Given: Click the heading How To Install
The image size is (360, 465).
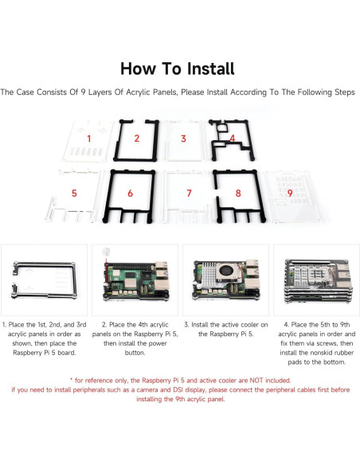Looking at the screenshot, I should pyautogui.click(x=179, y=68).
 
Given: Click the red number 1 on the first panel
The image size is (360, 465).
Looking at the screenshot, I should pyautogui.click(x=89, y=139).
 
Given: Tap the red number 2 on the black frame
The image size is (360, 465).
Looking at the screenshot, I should pyautogui.click(x=136, y=139).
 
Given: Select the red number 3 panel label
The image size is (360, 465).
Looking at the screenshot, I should pyautogui.click(x=183, y=139).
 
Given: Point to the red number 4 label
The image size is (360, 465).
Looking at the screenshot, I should pyautogui.click(x=231, y=139).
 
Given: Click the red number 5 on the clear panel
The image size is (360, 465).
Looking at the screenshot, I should pyautogui.click(x=74, y=193).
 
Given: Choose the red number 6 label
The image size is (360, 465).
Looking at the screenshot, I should pyautogui.click(x=130, y=193).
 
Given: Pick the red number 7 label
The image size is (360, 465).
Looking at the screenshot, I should pyautogui.click(x=189, y=193).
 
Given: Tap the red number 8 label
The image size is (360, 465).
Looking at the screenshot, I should pyautogui.click(x=237, y=193).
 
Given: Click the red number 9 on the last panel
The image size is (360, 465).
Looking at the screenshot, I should pyautogui.click(x=289, y=192).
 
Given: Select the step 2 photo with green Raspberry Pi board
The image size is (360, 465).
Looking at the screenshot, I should pyautogui.click(x=133, y=280).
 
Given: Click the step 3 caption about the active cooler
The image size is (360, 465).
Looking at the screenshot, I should pyautogui.click(x=224, y=330).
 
